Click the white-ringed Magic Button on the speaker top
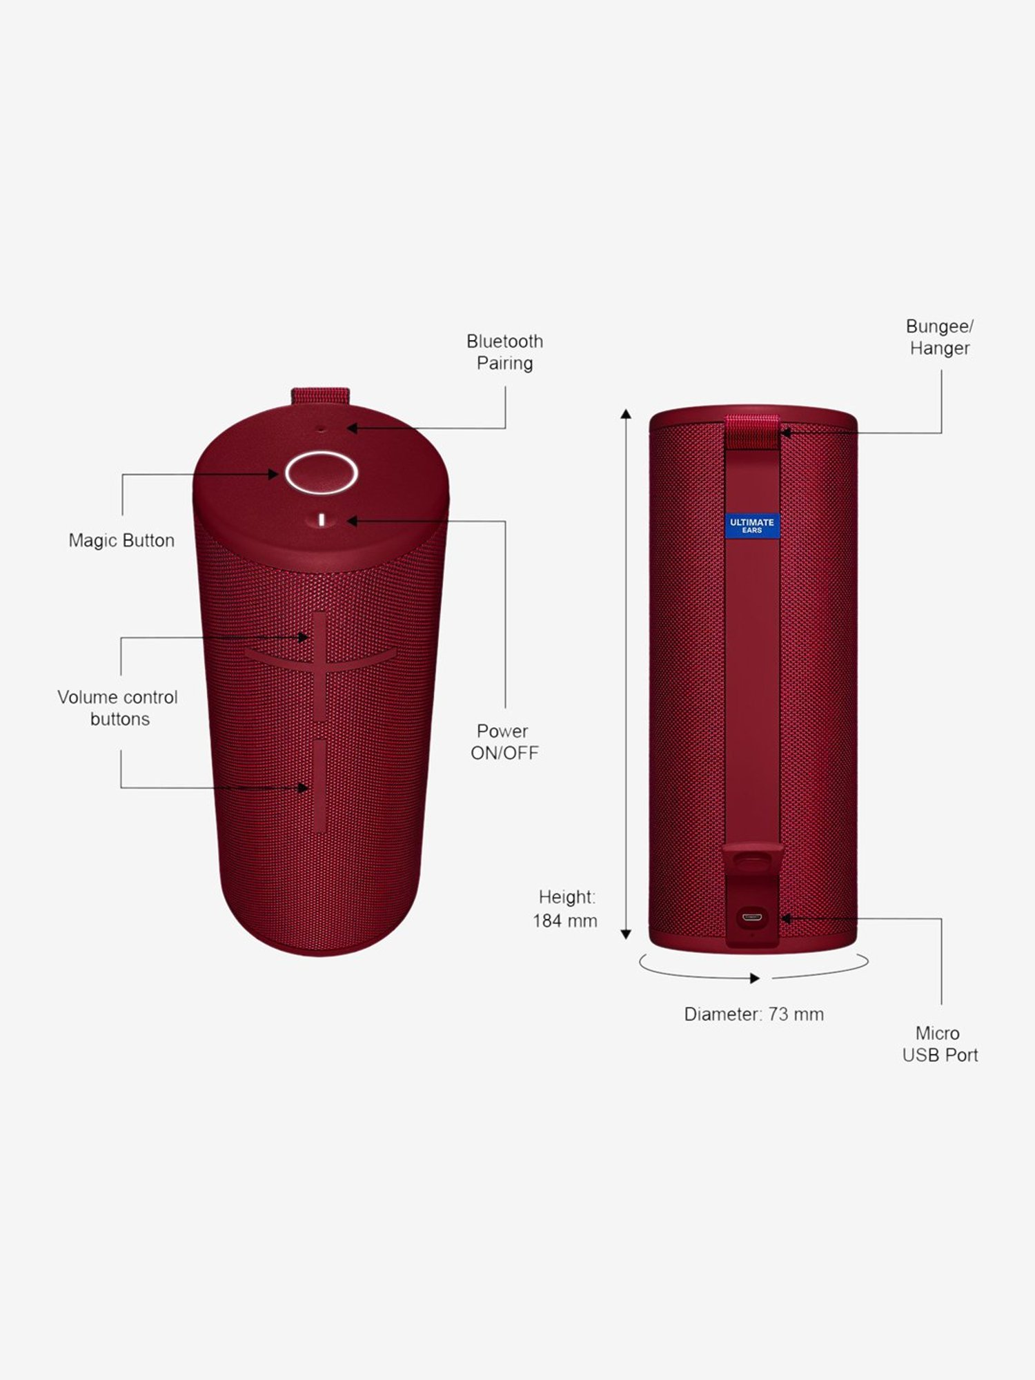(x=321, y=473)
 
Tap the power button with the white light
(x=322, y=520)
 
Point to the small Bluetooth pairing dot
(x=321, y=428)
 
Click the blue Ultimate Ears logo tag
(x=752, y=526)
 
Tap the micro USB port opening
(x=751, y=918)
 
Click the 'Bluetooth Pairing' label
(x=505, y=352)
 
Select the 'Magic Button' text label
(x=121, y=540)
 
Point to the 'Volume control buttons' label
(x=118, y=708)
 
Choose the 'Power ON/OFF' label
(x=504, y=742)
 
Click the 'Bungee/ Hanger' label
(x=940, y=337)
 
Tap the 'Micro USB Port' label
(x=940, y=1044)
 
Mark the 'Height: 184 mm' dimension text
(x=565, y=909)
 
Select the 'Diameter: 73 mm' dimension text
(x=754, y=1014)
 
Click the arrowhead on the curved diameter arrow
(x=755, y=978)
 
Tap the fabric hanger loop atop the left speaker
(x=320, y=397)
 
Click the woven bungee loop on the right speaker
(x=752, y=432)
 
